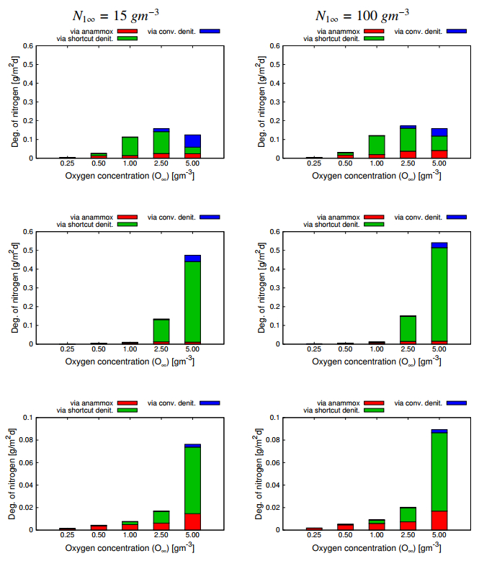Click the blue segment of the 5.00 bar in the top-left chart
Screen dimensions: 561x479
click(192, 140)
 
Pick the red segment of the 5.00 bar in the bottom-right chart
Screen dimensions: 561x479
click(439, 520)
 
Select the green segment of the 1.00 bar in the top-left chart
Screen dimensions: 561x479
click(130, 146)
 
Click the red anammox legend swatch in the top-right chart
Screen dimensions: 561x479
click(375, 31)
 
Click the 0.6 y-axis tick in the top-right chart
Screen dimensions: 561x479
click(274, 46)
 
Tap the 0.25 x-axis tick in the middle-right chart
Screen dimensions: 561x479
click(313, 349)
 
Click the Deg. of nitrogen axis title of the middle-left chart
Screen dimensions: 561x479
click(15, 287)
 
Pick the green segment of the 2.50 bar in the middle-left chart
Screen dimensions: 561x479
click(161, 330)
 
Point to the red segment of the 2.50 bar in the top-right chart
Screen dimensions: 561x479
click(407, 154)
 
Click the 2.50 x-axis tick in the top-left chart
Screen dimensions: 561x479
click(161, 163)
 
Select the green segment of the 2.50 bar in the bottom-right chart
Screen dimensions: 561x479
click(407, 514)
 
